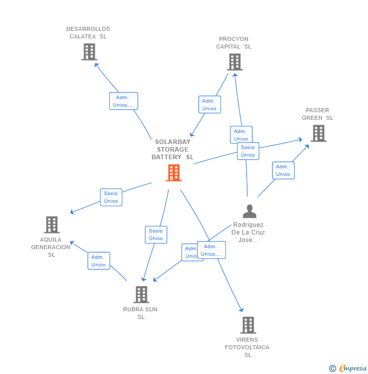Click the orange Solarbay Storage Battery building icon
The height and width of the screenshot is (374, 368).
173,173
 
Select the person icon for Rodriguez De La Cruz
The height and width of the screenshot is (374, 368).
249,211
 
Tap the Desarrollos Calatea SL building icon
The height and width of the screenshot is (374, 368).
89,52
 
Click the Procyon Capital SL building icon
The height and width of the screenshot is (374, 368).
234,62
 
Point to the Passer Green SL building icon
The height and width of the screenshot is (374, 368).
318,133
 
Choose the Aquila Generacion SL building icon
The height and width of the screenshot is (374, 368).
52,224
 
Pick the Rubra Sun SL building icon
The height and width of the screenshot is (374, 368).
141,294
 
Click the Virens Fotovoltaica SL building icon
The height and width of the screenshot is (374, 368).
248,325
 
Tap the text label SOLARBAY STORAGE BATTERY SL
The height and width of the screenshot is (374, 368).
172,150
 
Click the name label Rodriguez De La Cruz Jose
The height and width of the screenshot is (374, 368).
248,232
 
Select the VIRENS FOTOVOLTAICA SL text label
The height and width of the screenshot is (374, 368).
247,347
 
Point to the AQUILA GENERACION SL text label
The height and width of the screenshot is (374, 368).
51,247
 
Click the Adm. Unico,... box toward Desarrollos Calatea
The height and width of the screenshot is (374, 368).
123,101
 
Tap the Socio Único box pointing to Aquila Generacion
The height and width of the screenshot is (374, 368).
111,197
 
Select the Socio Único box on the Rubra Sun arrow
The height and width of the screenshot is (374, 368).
156,235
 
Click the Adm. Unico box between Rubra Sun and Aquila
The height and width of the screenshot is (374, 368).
99,261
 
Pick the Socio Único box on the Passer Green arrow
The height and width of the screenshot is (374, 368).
248,151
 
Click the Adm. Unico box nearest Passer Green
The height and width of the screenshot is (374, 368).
283,170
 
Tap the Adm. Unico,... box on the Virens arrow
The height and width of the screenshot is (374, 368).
211,250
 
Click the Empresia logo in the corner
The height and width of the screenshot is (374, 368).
348,368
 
